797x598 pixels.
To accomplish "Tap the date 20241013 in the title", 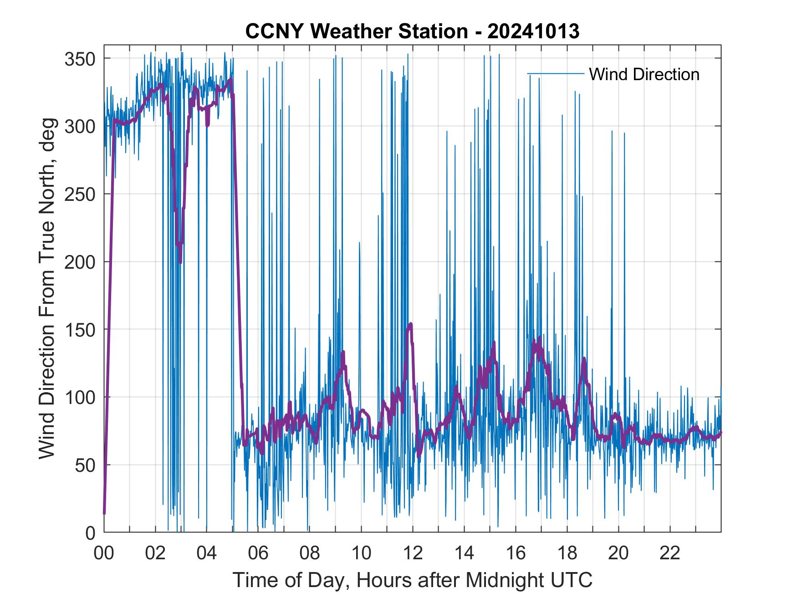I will click(533, 31).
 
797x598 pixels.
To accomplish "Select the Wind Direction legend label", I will click(644, 74).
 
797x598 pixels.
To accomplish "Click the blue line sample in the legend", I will click(555, 74).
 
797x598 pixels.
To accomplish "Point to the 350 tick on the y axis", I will click(79, 59).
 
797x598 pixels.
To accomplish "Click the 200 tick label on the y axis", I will click(79, 262).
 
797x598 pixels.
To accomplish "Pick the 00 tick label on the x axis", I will click(104, 553).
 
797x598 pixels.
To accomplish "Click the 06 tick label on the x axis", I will click(258, 553).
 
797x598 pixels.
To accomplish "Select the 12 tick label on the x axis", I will click(413, 553).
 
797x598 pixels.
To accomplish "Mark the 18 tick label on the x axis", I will click(567, 553).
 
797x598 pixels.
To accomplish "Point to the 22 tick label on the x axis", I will click(670, 553).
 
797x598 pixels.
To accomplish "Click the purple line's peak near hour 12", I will click(411, 324).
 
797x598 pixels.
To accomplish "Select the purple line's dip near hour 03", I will click(180, 262).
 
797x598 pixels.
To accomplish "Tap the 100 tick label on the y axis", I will click(79, 397).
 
